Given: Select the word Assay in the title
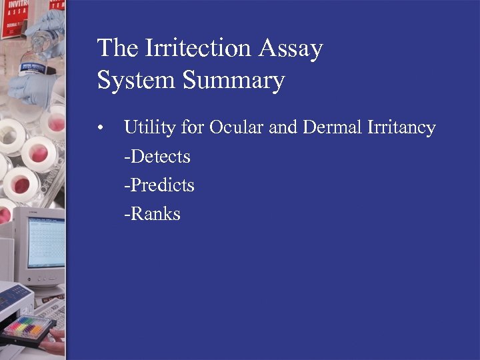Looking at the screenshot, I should pyautogui.click(x=291, y=49).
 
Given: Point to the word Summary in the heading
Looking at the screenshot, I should pyautogui.click(x=233, y=81).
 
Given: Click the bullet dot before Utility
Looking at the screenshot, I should pyautogui.click(x=99, y=128).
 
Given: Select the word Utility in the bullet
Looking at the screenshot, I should pyautogui.click(x=150, y=127).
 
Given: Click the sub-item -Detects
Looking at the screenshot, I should pyautogui.click(x=157, y=157).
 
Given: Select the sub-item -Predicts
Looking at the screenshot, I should pyautogui.click(x=159, y=185).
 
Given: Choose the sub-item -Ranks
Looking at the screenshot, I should pyautogui.click(x=152, y=214).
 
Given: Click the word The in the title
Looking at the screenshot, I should pyautogui.click(x=114, y=49).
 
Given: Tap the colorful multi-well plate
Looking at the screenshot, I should pyautogui.click(x=28, y=327).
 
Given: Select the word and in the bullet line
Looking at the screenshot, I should pyautogui.click(x=283, y=127).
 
